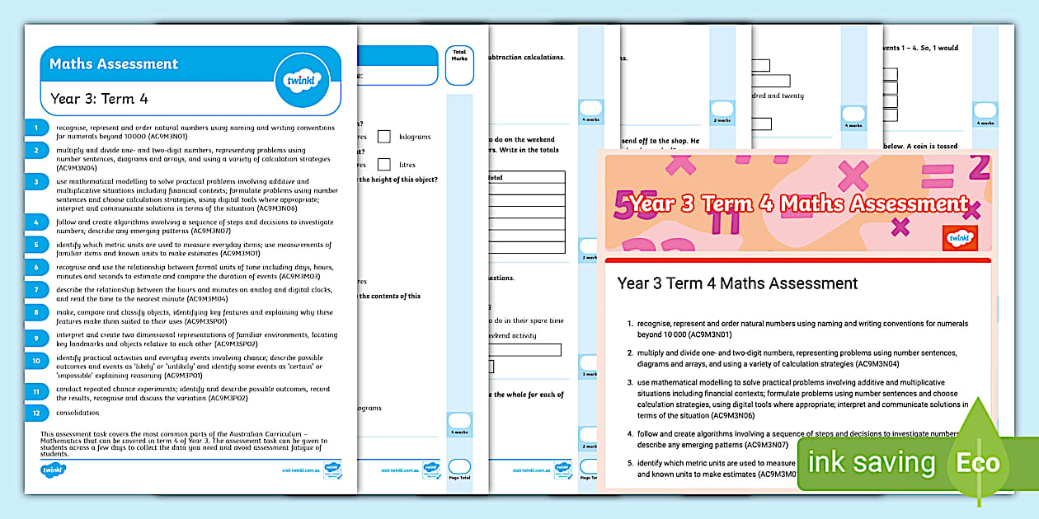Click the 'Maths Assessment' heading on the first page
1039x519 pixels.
point(114,64)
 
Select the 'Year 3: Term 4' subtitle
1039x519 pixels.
point(99,99)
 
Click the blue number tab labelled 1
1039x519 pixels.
point(36,128)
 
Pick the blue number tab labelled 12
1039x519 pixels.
point(36,413)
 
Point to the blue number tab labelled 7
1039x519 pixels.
point(36,289)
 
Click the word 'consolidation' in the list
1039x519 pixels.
point(78,413)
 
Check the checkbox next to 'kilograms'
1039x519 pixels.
point(384,137)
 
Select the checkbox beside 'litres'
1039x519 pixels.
point(384,165)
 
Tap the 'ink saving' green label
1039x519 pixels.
point(872,462)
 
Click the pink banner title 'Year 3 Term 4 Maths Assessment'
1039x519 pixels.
point(797,203)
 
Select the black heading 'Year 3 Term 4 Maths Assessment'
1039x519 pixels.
point(737,283)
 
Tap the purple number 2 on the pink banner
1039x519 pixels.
point(978,168)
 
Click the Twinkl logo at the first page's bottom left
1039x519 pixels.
point(54,470)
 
